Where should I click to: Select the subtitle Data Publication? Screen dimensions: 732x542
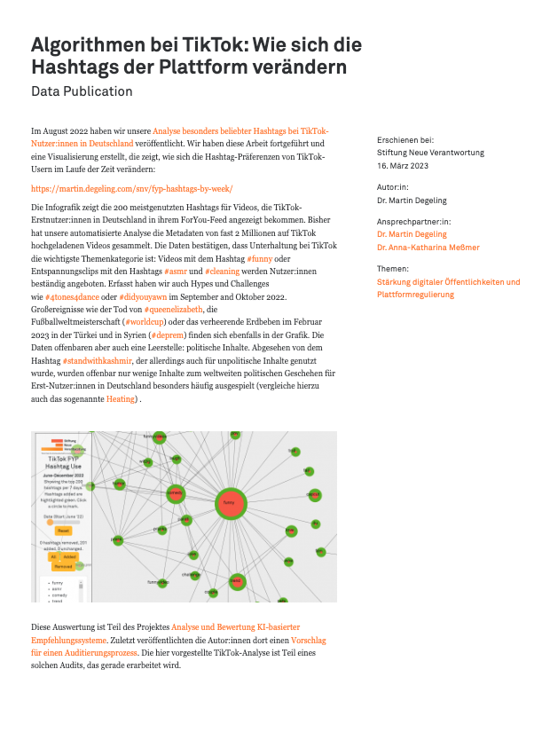82,91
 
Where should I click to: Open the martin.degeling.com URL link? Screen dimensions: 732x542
131,189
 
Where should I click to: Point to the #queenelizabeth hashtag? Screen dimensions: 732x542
173,309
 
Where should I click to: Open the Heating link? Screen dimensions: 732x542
121,399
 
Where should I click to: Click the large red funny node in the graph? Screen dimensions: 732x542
230,503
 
